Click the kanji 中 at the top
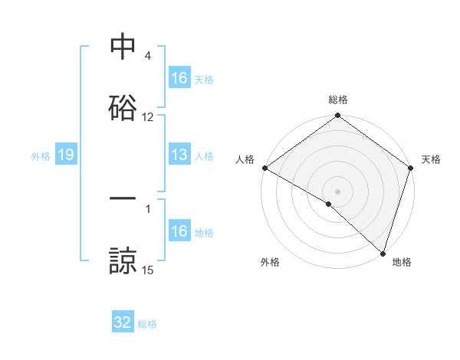(x=123, y=48)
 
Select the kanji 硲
(x=123, y=108)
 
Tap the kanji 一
(x=123, y=198)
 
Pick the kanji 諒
(x=123, y=260)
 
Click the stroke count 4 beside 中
(x=148, y=56)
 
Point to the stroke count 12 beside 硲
(x=148, y=117)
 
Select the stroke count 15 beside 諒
(x=148, y=270)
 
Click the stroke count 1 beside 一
(x=148, y=208)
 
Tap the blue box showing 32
(x=123, y=322)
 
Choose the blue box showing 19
(x=65, y=155)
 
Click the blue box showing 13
(x=179, y=155)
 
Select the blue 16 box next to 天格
(x=179, y=78)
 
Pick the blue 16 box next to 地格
(x=179, y=231)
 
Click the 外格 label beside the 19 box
(x=41, y=156)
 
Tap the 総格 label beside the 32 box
(x=147, y=324)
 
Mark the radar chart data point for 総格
(x=337, y=116)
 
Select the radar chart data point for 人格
(x=264, y=168)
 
